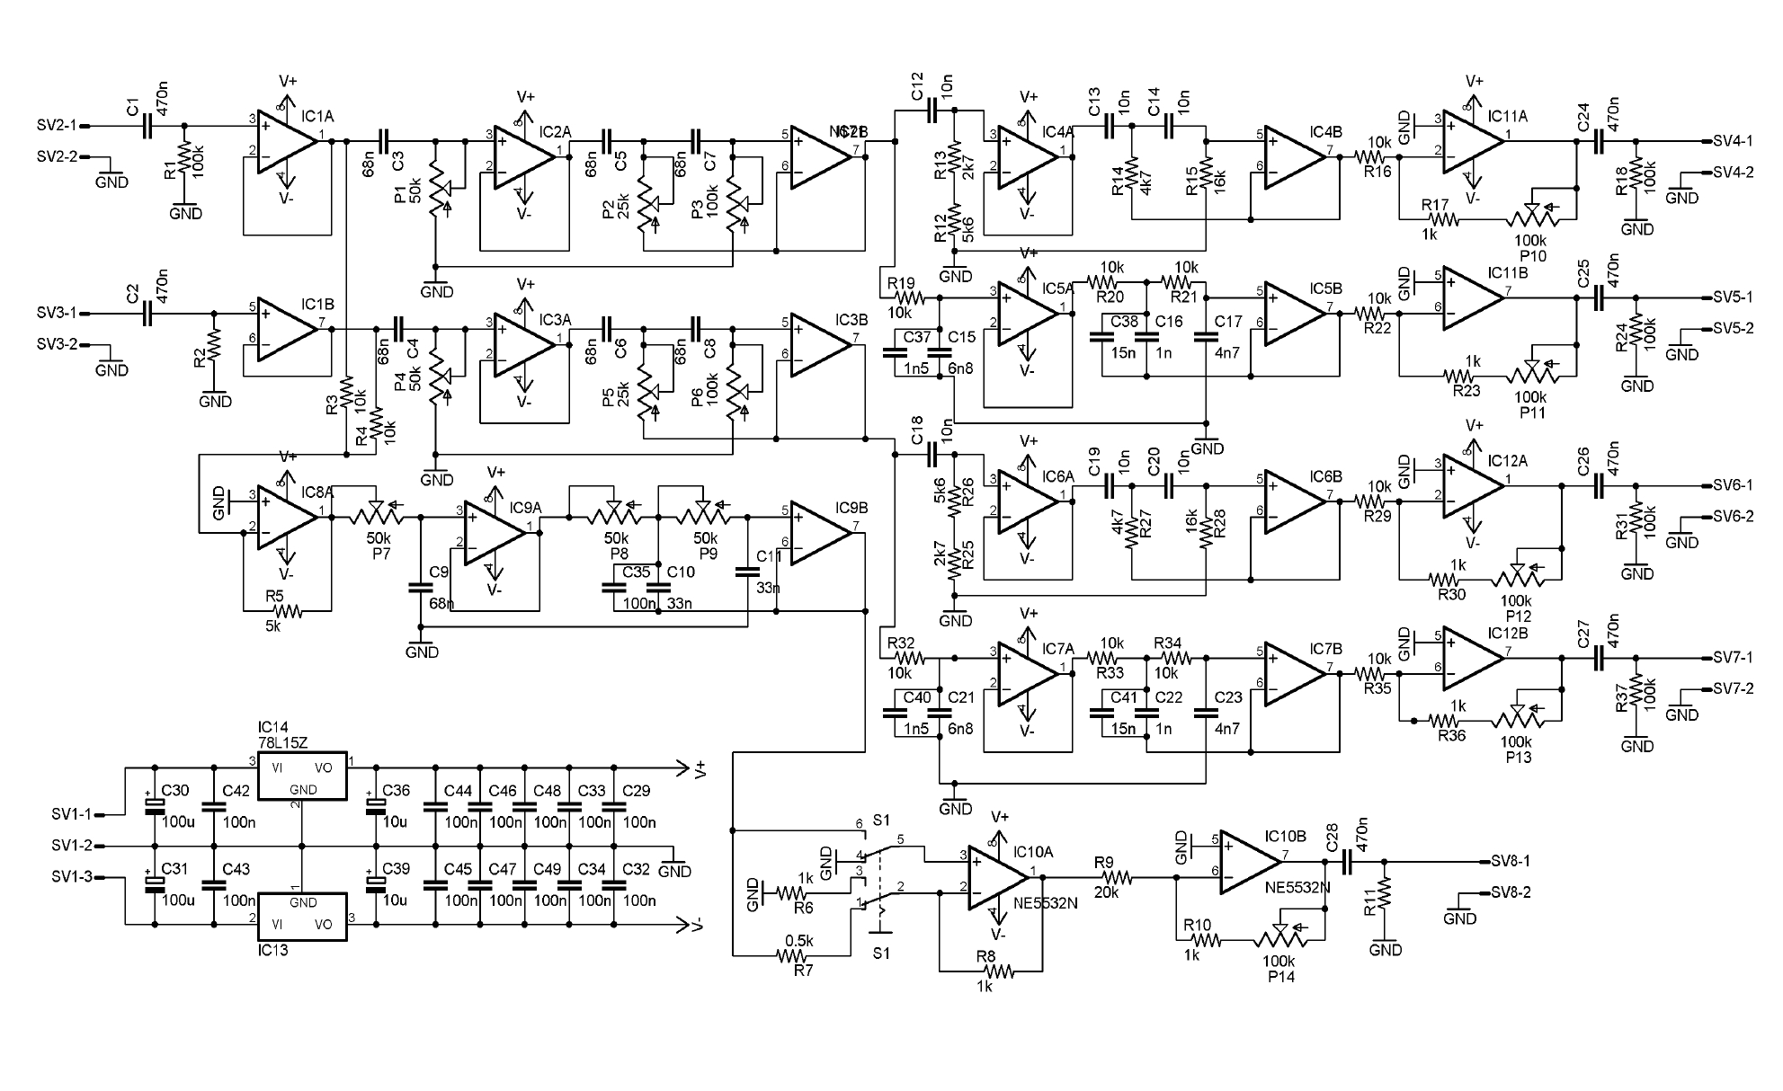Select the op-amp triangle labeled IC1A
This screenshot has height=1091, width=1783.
[286, 140]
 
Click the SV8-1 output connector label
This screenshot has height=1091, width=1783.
[1511, 861]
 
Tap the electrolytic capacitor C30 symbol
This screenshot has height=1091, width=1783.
[155, 806]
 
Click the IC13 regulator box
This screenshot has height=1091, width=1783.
[302, 917]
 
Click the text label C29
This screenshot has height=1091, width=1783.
[636, 791]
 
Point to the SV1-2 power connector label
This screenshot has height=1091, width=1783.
[72, 846]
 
